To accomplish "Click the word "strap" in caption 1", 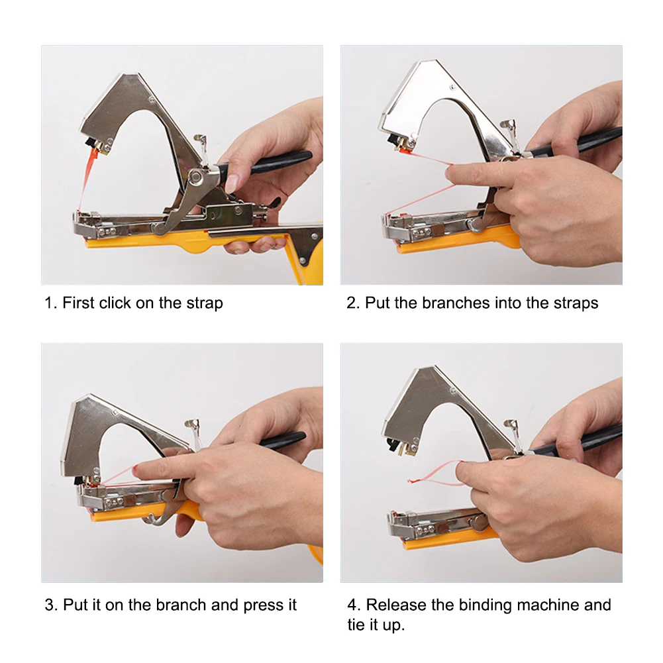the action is click(x=205, y=303).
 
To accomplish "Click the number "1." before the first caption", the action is click(x=51, y=303).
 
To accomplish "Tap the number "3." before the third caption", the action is click(x=51, y=605).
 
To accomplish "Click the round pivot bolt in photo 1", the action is click(x=195, y=177).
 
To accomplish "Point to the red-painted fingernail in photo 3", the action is click(x=135, y=469).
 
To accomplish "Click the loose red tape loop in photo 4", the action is click(x=436, y=472).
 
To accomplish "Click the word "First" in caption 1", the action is click(x=78, y=303).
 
